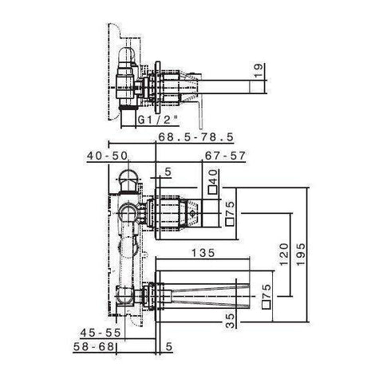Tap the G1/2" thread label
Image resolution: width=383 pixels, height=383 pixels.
pyautogui.click(x=155, y=120)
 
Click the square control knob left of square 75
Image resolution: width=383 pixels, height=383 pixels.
pyautogui.click(x=194, y=214)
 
